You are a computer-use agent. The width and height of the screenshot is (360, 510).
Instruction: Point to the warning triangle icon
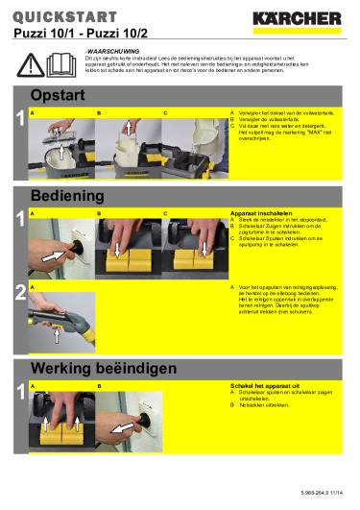[36, 63]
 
